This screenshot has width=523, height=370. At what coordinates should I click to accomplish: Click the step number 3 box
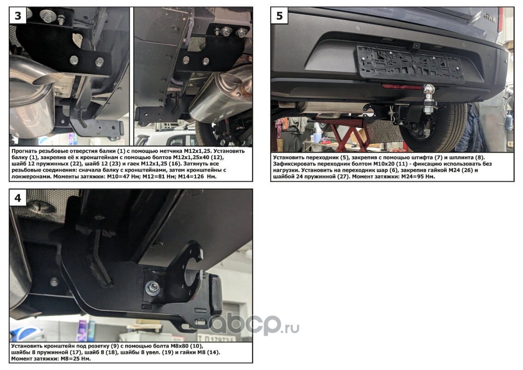18,15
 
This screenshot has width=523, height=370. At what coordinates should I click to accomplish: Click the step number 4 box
18,197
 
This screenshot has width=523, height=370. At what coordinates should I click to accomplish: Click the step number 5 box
280,15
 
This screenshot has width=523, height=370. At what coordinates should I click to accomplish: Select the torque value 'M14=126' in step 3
191,176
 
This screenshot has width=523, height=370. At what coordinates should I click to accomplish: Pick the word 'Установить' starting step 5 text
288,157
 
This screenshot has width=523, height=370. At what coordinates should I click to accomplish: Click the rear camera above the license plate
416,45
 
